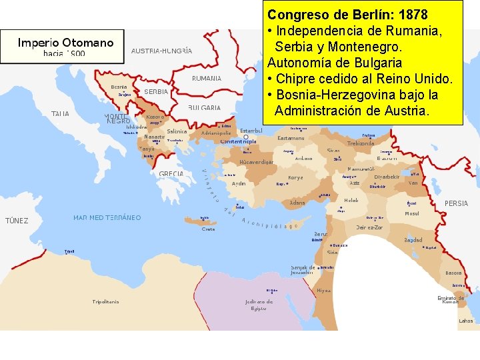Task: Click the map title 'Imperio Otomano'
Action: coord(65,43)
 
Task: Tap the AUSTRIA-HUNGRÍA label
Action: coord(162,51)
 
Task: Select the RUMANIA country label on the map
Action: coord(207,78)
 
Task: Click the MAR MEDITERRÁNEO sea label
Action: coord(107,218)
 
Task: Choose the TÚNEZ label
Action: coord(17,221)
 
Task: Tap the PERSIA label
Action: coord(456,203)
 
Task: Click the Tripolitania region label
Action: coord(106,302)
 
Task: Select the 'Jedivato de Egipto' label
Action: coord(259,305)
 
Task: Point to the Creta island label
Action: coord(209,229)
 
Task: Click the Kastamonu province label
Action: coord(291,138)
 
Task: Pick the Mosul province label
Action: coord(412,214)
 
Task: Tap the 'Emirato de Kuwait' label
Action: coord(451,299)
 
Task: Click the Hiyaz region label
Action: coord(323,291)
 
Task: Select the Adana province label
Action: coord(297,203)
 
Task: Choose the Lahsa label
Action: coord(466,321)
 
